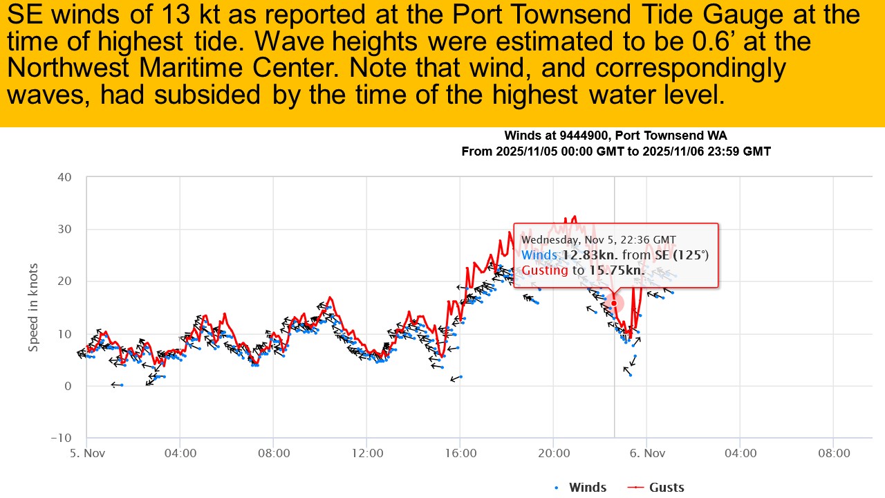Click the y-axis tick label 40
click(64, 177)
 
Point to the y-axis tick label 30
click(64, 229)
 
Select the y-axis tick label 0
click(68, 386)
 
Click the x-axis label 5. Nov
click(86, 454)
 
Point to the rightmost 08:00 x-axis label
click(833, 454)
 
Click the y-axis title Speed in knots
click(33, 307)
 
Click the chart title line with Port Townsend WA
click(615, 136)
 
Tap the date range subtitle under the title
click(615, 151)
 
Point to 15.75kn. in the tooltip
click(617, 270)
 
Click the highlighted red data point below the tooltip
click(613, 303)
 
